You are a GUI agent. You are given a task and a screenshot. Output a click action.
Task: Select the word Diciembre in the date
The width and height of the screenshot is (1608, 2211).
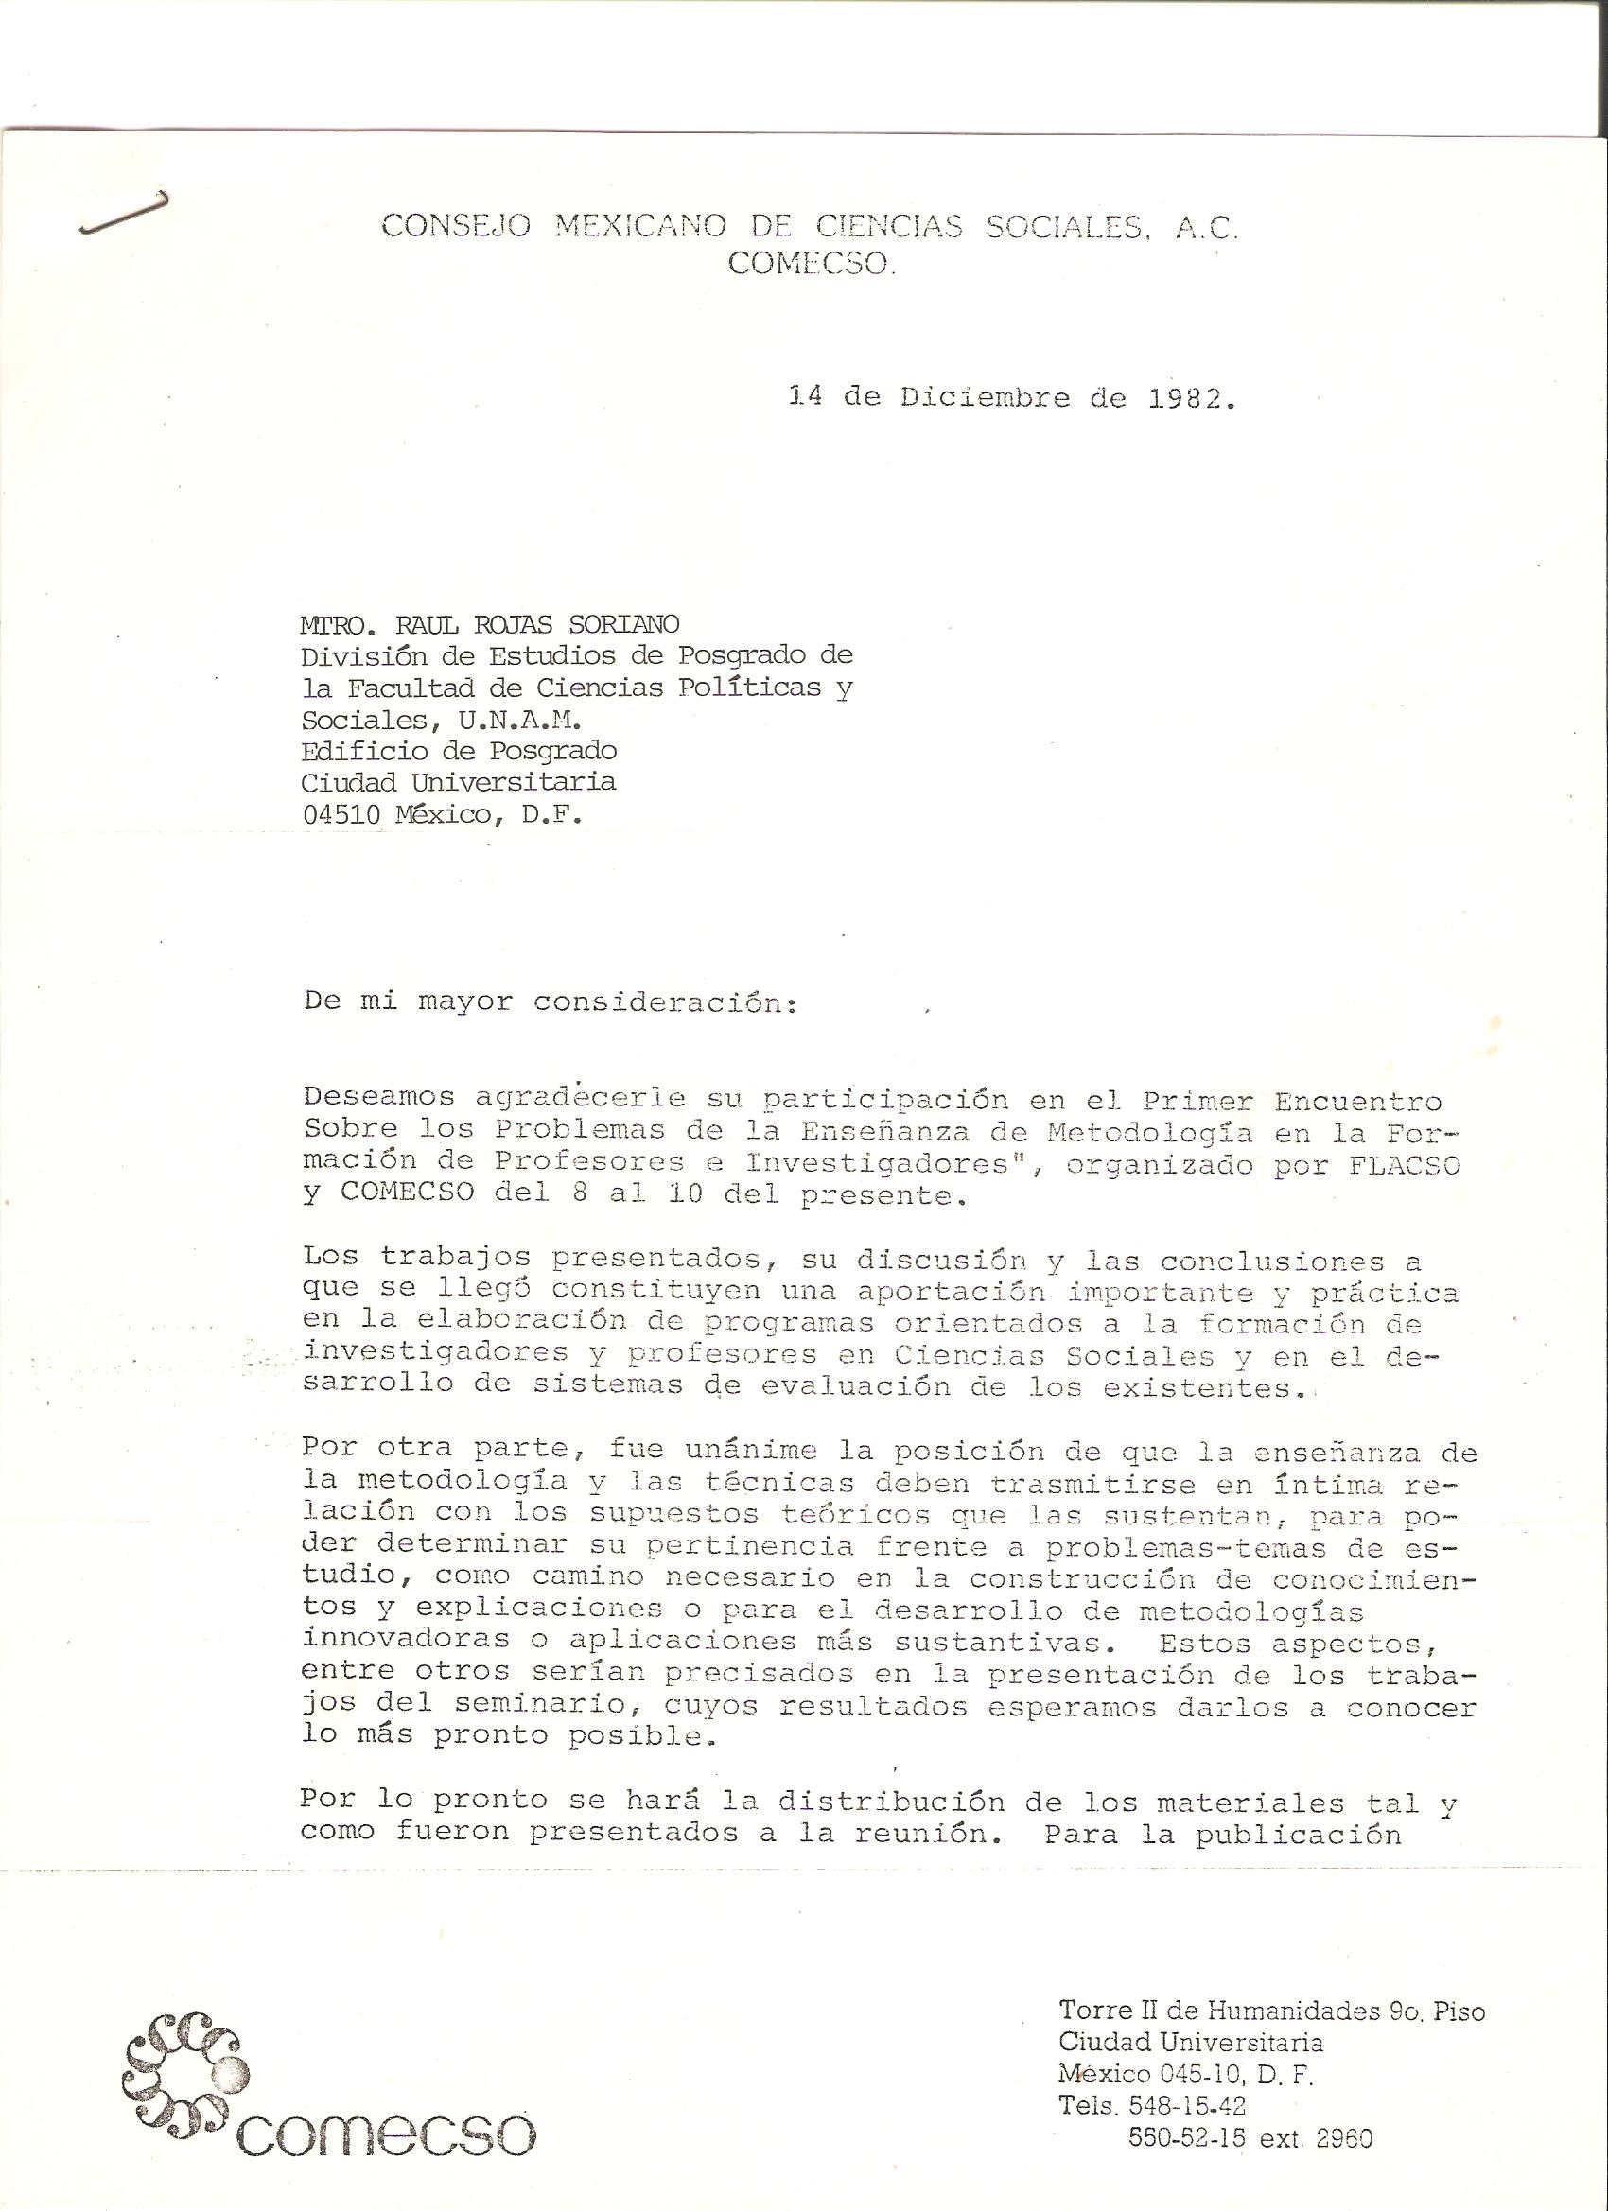(x=985, y=398)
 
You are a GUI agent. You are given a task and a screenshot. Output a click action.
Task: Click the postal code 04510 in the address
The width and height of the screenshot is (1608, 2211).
(x=341, y=815)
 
